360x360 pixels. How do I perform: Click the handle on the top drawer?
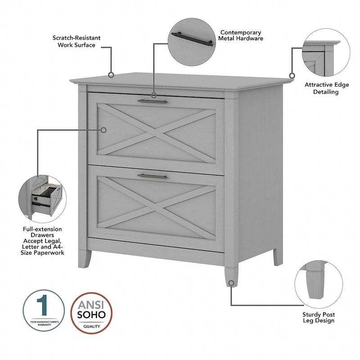tap(152, 102)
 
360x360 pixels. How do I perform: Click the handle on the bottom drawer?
tap(152, 176)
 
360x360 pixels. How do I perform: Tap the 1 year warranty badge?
tap(44, 310)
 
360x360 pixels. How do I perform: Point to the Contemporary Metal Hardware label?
tap(240, 36)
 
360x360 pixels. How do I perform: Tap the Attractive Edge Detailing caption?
tap(321, 88)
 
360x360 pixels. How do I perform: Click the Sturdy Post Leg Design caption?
tap(318, 317)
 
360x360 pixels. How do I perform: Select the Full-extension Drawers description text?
tap(44, 241)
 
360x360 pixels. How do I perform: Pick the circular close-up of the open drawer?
tap(43, 197)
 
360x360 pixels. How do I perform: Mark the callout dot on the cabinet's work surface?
tap(111, 75)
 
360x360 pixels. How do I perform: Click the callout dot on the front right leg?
tap(231, 283)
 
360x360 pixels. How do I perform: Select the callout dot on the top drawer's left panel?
tap(103, 130)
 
